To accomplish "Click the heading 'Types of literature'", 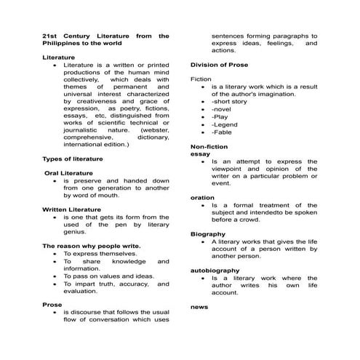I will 73,158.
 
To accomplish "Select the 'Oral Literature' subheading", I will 69,172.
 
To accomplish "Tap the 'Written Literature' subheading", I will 72,209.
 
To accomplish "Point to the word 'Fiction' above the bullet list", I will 201,79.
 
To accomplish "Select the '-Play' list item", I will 220,116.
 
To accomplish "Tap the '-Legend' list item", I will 225,124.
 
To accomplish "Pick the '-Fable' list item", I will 223,132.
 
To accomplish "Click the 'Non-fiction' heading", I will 209,147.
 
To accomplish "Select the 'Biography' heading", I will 208,234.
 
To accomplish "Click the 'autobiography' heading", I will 215,271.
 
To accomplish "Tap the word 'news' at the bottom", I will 199,307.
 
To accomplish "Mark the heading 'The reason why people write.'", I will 92,246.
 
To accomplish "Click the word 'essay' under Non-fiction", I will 200,154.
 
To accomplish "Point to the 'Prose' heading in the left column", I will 52,305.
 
